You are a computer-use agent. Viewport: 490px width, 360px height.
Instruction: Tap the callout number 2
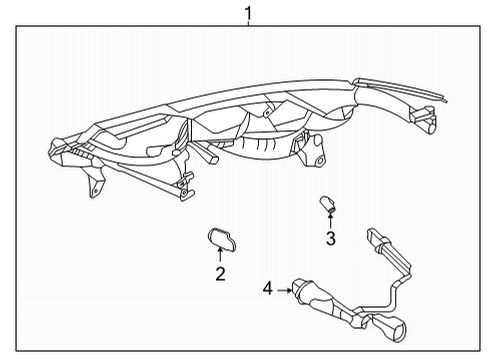coord(220,272)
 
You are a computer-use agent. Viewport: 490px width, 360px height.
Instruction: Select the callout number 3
coord(330,237)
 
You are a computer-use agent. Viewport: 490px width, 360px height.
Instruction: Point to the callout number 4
coord(268,290)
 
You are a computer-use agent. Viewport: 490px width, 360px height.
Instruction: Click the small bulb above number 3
coord(326,204)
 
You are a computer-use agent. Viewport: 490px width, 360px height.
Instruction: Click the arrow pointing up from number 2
coord(220,256)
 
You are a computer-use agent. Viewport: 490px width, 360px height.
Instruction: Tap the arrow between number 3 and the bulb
coord(330,220)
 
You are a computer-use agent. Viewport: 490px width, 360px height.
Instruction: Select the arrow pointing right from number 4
coord(284,290)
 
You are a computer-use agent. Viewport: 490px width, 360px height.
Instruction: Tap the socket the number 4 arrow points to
coord(306,292)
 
